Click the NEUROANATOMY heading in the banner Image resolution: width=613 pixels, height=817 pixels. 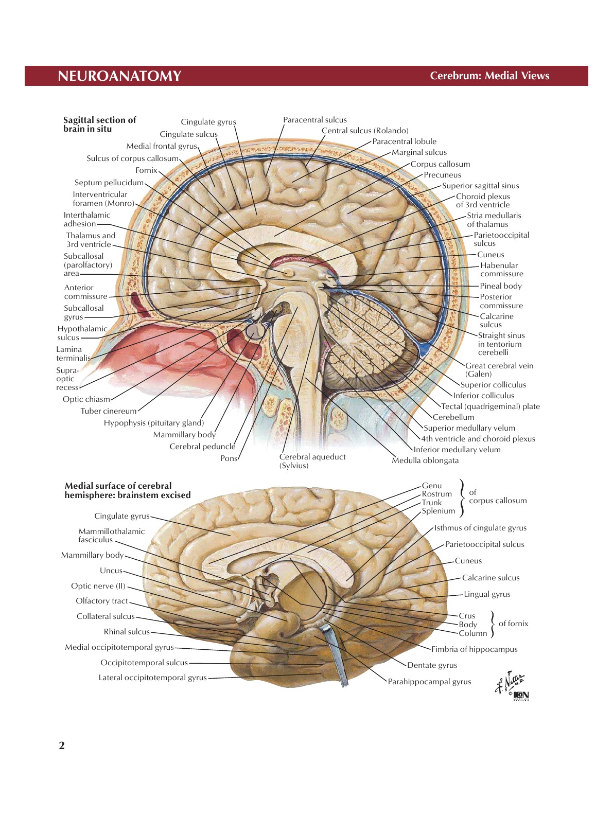pos(119,76)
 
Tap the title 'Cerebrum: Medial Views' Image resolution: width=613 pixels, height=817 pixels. pos(489,76)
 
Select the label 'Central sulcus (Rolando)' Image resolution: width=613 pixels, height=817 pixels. pos(365,131)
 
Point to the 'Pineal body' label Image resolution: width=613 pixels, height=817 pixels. pos(500,286)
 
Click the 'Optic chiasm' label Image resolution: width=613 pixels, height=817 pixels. pos(86,399)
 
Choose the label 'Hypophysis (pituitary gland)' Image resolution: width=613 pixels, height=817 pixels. pos(154,423)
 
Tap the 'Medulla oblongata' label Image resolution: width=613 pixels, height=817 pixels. pos(425,460)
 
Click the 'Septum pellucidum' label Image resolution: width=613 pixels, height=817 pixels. pos(109,183)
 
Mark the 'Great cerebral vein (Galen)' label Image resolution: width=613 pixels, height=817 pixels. pos(499,370)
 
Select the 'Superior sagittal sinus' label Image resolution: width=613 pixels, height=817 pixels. pos(480,186)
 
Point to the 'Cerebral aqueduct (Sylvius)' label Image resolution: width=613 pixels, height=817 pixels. pos(312,461)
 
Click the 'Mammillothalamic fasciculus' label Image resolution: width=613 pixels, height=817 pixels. pos(111,536)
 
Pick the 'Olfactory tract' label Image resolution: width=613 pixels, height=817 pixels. pos(101,601)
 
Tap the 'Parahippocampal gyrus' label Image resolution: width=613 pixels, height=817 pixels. pos(429,682)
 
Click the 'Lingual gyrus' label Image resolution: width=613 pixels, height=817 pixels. pos(487,594)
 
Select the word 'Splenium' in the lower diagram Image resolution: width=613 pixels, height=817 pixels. pos(439,511)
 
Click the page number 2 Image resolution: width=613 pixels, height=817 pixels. pos(62,746)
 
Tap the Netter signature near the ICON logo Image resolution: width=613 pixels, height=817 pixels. pos(509,682)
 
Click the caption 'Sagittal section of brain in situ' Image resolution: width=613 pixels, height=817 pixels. pos(99,125)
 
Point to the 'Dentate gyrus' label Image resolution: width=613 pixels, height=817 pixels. pos(432,665)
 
